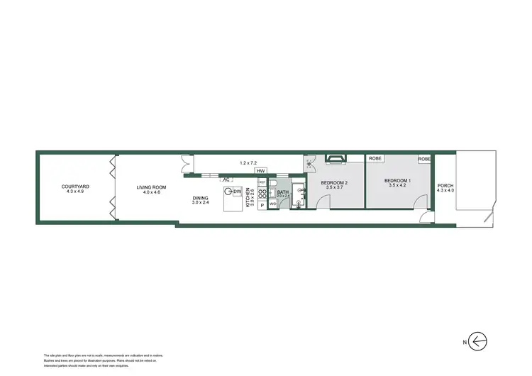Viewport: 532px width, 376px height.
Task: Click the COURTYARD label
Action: click(x=74, y=187)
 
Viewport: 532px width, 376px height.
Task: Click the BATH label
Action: click(x=282, y=192)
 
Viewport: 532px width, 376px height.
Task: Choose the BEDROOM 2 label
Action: click(x=334, y=184)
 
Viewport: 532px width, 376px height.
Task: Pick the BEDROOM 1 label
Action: click(x=398, y=181)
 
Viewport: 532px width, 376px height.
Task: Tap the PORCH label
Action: click(x=445, y=185)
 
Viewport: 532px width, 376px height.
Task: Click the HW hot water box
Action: click(x=260, y=172)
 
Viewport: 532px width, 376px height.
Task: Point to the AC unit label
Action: click(x=226, y=179)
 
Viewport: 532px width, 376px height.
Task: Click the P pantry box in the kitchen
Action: click(x=261, y=205)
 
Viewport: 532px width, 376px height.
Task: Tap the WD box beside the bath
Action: click(x=272, y=205)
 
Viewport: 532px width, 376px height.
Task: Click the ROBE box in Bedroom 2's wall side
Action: click(x=375, y=159)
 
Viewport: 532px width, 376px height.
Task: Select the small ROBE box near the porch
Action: click(x=425, y=159)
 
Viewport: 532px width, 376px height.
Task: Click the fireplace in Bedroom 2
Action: click(x=334, y=159)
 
